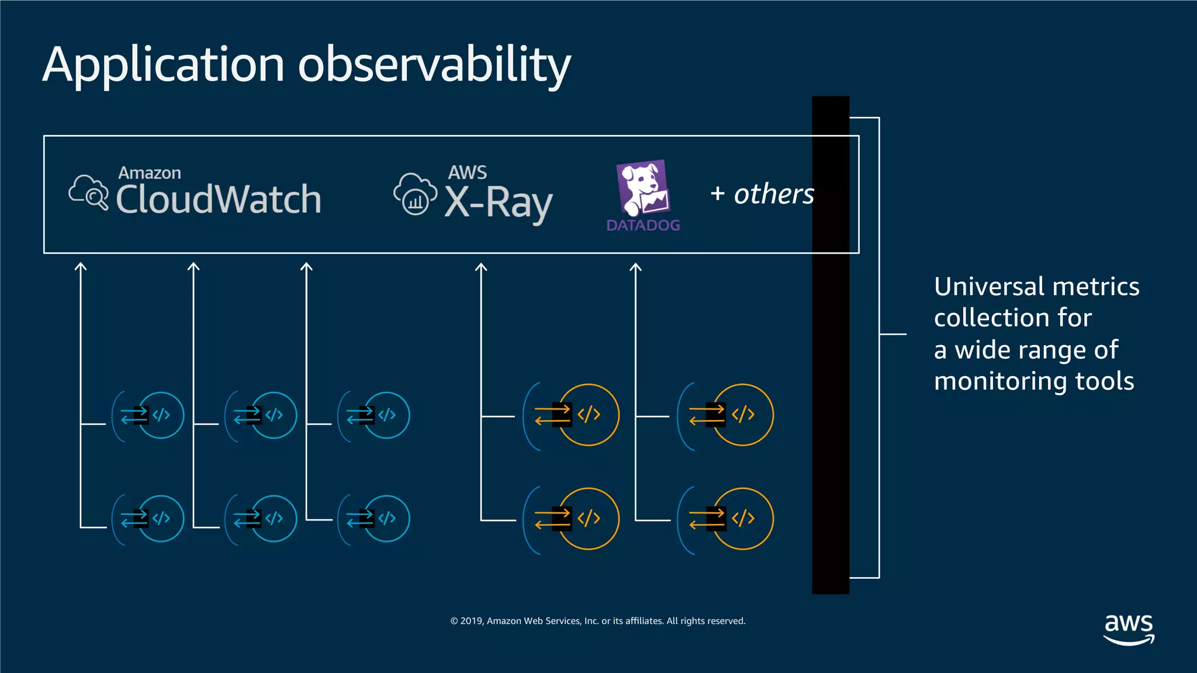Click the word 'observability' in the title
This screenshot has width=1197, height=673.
coord(434,64)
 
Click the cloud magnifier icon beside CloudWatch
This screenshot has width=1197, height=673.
coord(89,192)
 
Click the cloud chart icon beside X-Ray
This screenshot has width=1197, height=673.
coord(415,194)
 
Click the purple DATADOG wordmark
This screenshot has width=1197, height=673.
coord(643,226)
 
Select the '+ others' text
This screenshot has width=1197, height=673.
coord(762,194)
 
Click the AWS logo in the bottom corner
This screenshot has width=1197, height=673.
coord(1129,629)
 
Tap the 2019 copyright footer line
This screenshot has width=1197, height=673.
coord(598,621)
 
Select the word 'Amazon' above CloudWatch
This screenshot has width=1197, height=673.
coord(150,173)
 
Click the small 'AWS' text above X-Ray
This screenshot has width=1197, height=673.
coord(467,172)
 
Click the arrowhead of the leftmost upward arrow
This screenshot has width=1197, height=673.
coord(81,267)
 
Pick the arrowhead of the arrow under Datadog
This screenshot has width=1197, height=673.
coord(635,268)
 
